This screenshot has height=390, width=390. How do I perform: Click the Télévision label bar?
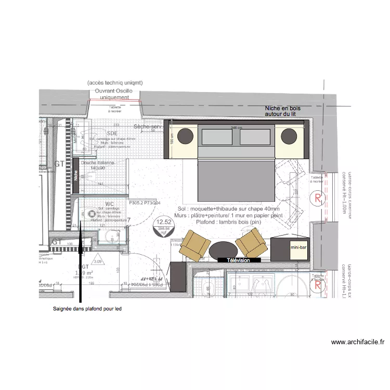click(238, 260)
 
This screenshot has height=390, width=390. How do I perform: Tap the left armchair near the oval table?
click(193, 245)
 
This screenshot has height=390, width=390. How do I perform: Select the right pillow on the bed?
click(255, 138)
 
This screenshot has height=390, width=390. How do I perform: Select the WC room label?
click(110, 204)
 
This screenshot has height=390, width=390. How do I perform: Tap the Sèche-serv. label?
click(148, 127)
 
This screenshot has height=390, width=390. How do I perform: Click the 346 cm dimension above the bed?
click(237, 128)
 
